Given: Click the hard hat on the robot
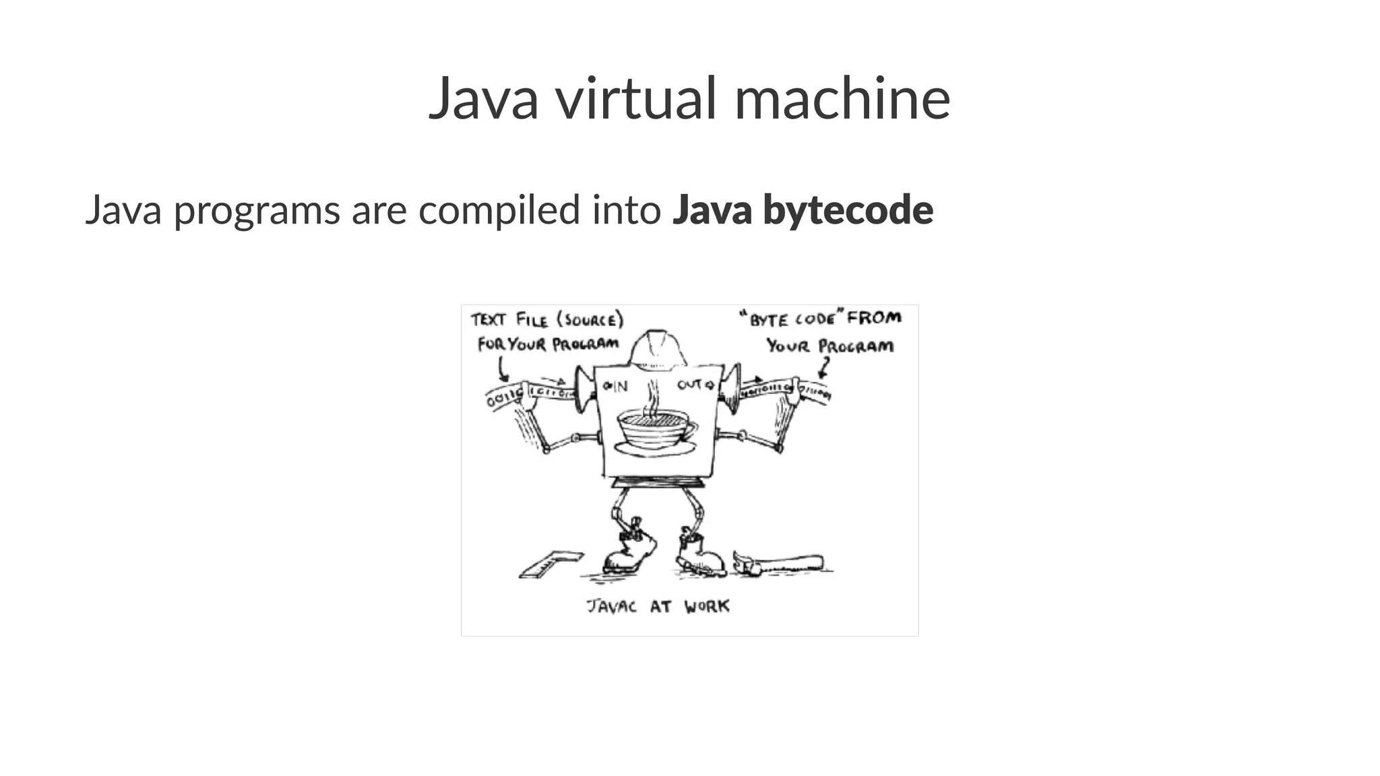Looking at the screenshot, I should [x=658, y=350].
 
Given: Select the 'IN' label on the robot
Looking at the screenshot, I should [x=616, y=386].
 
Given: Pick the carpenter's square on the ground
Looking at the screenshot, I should [x=550, y=564].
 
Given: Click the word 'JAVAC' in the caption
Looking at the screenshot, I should [x=611, y=606].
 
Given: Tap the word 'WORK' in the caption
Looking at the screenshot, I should [x=707, y=606].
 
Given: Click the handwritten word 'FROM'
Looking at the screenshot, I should [x=874, y=317].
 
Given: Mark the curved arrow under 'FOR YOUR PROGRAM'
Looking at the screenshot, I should [x=502, y=369].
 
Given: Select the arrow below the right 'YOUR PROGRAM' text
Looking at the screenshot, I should [x=824, y=368].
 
